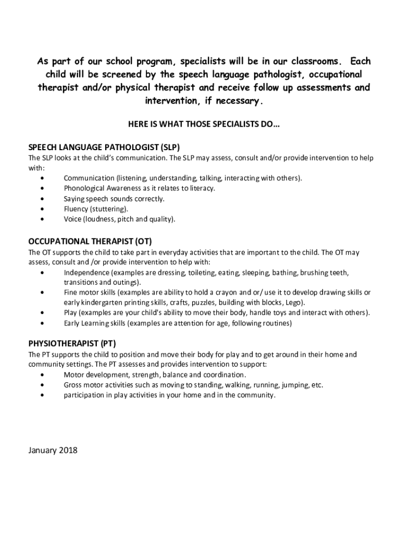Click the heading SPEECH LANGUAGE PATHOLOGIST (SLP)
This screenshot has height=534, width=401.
(105, 147)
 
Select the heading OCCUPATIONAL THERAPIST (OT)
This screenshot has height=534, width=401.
(90, 241)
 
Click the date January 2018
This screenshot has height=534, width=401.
(53, 450)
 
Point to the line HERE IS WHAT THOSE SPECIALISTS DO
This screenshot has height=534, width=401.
(204, 125)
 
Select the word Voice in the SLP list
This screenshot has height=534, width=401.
(72, 219)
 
